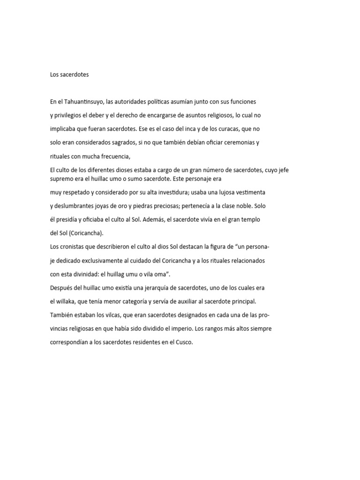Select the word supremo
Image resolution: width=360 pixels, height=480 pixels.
61,179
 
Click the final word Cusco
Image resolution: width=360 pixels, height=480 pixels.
184,342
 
